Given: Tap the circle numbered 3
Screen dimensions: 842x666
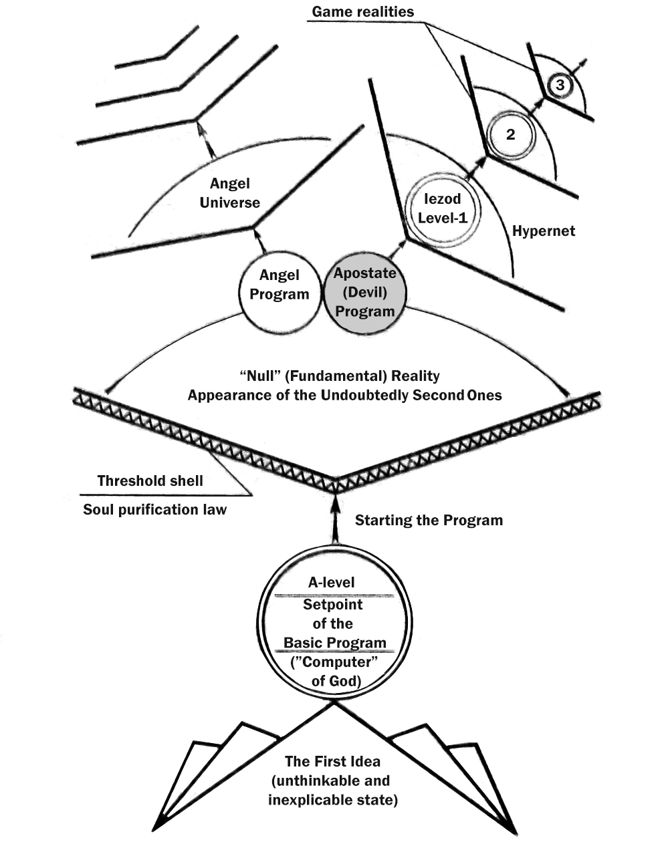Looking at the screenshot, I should (560, 85).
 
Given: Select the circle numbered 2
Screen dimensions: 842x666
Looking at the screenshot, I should (511, 134).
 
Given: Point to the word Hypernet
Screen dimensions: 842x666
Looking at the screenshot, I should (543, 232).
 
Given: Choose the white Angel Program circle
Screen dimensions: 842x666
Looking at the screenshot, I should (280, 285).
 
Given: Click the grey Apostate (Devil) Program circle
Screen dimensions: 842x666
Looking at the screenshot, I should (365, 292).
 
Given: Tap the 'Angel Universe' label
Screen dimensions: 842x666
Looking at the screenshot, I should (229, 193).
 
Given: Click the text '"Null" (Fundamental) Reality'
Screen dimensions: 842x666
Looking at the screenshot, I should (339, 376).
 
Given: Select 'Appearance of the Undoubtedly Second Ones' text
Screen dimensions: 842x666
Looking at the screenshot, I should (344, 394).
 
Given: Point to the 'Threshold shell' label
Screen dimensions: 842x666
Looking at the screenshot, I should (150, 480).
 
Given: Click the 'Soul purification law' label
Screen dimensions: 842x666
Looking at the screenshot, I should (154, 510).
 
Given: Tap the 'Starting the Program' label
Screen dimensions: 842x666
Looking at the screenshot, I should (429, 520).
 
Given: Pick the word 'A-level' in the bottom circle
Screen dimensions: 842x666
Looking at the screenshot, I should (332, 582).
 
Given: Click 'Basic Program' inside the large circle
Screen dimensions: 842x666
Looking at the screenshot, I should (335, 643).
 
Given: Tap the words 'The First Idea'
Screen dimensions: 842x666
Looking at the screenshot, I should (332, 761).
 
